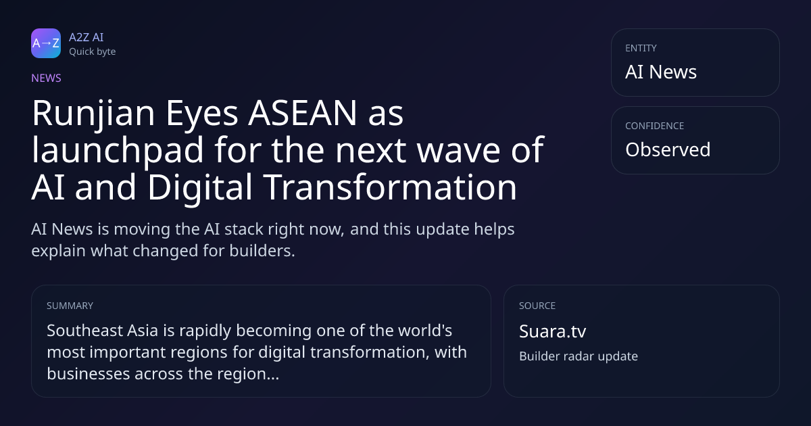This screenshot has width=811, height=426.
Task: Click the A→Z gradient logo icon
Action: (x=46, y=43)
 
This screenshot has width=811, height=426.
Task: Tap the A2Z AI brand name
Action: (x=87, y=37)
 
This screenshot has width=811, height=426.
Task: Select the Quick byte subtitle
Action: (x=93, y=52)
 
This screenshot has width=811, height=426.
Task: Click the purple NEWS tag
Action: (x=47, y=78)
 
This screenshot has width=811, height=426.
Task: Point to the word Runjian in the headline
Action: (x=93, y=114)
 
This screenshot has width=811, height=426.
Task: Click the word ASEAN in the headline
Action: (x=303, y=113)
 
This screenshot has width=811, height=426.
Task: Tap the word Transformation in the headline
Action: (x=390, y=187)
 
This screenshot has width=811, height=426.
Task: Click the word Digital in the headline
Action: (x=200, y=188)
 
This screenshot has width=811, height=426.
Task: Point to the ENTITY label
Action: (x=641, y=48)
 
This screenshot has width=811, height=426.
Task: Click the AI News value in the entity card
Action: (x=661, y=72)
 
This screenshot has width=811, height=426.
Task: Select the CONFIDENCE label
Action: (x=655, y=126)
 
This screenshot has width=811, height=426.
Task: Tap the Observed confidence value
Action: (x=668, y=149)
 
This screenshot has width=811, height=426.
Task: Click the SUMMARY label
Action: (x=70, y=306)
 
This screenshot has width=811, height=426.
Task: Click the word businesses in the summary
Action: (x=89, y=374)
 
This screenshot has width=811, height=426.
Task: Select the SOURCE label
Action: (x=537, y=306)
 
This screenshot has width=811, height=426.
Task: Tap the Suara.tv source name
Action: (x=553, y=331)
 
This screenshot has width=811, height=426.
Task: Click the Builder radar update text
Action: (x=579, y=356)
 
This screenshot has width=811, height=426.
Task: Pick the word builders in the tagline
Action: (x=262, y=251)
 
